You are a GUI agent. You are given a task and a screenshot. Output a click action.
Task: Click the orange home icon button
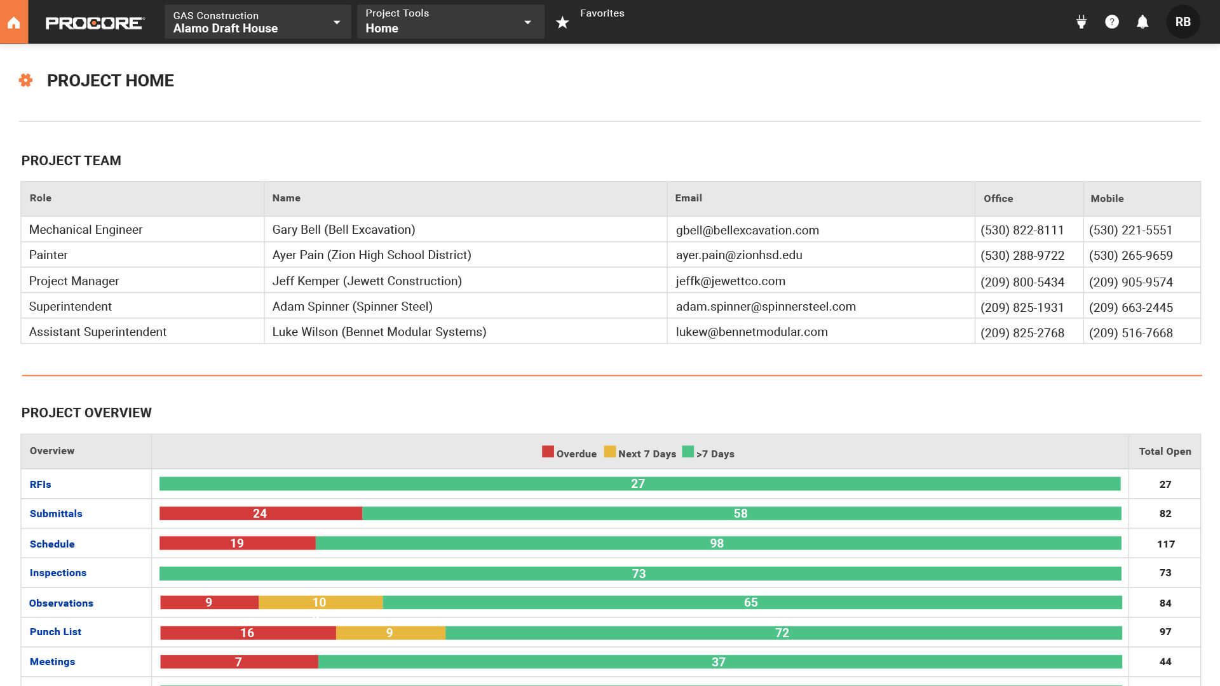14,22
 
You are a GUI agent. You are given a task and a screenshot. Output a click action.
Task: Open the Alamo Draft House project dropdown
257,22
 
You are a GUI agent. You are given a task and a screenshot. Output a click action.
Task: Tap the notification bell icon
1142,22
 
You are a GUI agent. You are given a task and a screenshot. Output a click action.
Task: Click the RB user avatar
1183,22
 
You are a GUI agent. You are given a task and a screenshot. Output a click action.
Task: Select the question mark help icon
1111,22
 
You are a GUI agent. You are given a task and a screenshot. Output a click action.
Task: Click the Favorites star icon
562,23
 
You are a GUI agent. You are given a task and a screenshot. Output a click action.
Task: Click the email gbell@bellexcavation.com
747,230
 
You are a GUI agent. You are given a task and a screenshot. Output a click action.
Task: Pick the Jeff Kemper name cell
367,281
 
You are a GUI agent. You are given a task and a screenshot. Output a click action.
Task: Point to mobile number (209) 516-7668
1130,333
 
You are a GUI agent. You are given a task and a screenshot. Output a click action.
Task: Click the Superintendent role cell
71,306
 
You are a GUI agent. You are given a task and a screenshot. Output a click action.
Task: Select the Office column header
998,198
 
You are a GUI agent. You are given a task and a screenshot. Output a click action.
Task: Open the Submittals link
56,513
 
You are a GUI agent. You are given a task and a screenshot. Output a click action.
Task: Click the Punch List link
55,631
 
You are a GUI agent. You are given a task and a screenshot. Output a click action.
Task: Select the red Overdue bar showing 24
261,513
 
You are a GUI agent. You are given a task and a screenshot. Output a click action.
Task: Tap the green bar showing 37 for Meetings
719,662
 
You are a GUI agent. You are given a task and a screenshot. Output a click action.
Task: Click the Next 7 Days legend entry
640,453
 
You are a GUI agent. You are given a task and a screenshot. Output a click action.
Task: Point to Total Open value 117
1165,544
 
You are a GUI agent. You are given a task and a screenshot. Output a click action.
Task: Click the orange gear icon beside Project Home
25,81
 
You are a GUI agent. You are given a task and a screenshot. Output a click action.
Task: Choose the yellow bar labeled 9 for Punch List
390,633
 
